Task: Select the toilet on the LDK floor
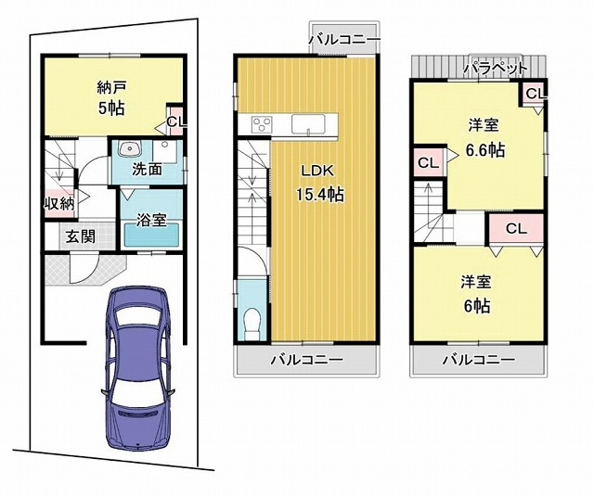(252, 324)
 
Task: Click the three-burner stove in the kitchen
(262, 123)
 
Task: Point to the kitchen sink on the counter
(308, 124)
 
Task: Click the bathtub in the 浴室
(151, 236)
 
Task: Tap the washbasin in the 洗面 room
(130, 148)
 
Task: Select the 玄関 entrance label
(81, 236)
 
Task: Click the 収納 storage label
(59, 204)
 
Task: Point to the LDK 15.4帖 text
(317, 184)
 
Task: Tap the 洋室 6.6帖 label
(484, 138)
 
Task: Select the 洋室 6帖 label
(476, 295)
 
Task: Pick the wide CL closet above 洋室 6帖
(516, 228)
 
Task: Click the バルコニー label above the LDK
(344, 39)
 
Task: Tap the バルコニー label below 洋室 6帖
(479, 359)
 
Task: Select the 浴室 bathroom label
(151, 220)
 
